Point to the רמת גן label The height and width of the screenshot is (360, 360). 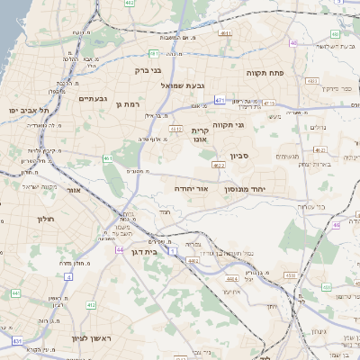pos(131,104)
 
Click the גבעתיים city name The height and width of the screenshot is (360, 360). pos(93,98)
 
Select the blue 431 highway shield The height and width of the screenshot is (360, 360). pos(16,341)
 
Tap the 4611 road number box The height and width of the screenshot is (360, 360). pos(223,35)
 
